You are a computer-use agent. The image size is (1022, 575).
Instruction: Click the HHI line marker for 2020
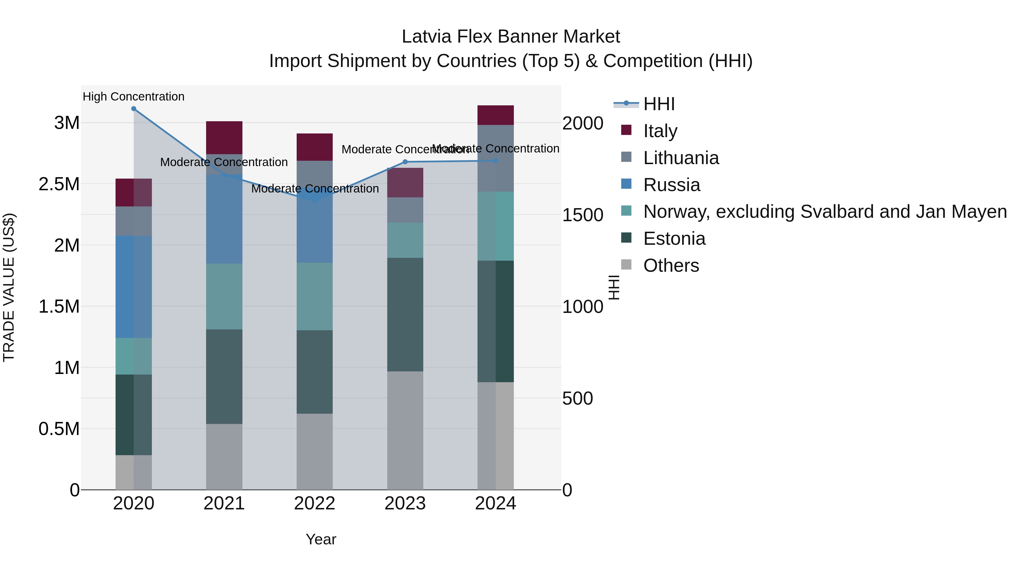point(134,109)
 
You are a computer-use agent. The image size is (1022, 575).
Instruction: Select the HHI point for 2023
point(405,162)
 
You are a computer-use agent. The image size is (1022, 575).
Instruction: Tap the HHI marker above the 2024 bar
point(495,161)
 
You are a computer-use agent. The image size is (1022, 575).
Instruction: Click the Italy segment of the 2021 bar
point(224,137)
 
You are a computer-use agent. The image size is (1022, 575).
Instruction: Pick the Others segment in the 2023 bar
point(405,430)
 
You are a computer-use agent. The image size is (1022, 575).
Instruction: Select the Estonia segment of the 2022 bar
point(315,372)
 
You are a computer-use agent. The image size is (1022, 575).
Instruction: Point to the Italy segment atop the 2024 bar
point(495,115)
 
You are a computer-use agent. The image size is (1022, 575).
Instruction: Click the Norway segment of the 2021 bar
point(224,296)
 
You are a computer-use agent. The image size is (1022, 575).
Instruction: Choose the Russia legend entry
point(672,185)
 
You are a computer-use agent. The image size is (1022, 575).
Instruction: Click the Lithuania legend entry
point(681,158)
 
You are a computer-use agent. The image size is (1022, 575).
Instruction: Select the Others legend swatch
point(626,265)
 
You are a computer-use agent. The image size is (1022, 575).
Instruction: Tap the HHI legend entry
point(659,104)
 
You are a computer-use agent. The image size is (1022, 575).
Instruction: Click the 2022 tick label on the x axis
point(315,503)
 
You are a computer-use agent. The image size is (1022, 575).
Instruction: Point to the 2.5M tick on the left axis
point(59,184)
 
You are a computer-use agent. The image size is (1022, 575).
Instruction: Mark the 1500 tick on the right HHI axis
point(583,215)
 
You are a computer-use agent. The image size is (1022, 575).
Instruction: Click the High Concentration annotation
point(134,97)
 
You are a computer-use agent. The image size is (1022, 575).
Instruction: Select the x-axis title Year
point(321,539)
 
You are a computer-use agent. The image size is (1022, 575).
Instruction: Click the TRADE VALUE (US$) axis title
point(9,287)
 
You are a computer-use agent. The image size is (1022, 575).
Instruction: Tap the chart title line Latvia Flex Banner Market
point(511,37)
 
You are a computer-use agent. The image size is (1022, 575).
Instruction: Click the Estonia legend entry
point(674,239)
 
